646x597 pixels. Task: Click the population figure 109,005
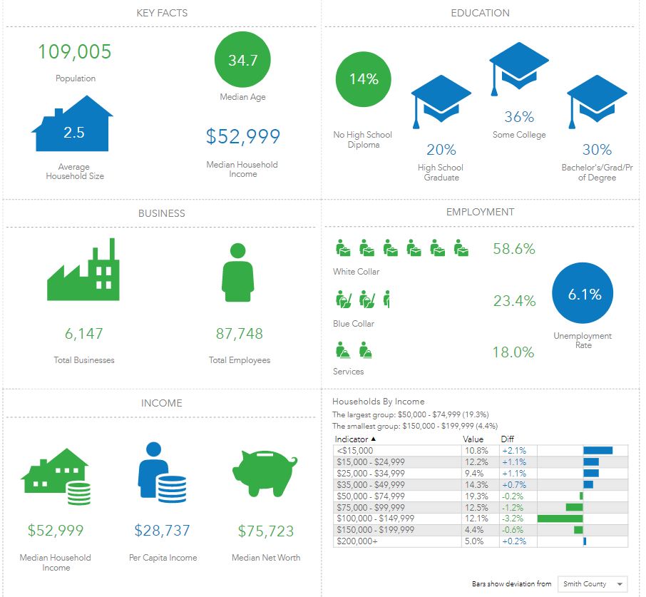[75, 52]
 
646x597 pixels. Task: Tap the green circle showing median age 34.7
[242, 61]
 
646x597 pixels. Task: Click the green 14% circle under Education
[363, 79]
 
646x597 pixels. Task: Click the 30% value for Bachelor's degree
[597, 150]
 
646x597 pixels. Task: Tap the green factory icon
[83, 270]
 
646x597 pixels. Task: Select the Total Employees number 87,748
[240, 334]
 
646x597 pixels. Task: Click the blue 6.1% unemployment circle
[584, 295]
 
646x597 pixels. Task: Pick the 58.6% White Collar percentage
[513, 249]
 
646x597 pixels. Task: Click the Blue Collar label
[353, 324]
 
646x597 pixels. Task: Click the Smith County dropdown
[592, 583]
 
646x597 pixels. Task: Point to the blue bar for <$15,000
[598, 450]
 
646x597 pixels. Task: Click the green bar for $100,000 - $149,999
[560, 519]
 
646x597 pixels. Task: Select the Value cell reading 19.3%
[476, 496]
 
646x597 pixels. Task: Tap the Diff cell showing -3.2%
[513, 519]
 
